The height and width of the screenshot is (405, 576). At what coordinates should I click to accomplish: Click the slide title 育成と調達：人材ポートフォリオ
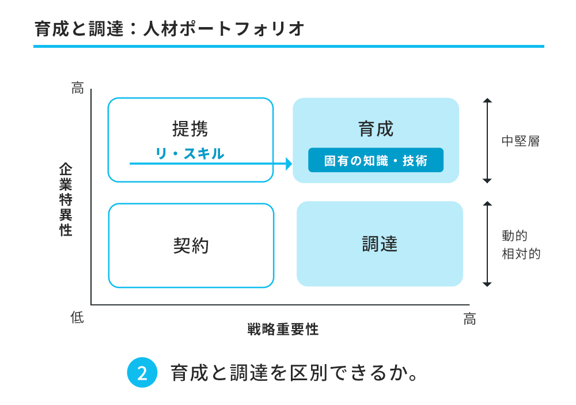point(169,29)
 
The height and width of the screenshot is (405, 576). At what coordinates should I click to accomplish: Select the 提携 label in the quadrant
point(190,128)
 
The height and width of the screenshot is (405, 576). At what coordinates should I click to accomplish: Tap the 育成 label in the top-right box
point(376,128)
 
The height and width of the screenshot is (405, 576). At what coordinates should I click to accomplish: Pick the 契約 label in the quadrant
point(191,246)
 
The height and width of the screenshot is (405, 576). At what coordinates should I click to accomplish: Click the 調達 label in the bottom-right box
point(380,244)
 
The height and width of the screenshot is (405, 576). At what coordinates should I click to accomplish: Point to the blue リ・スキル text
point(190,153)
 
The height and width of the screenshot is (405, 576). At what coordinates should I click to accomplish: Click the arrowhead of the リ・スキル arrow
point(289,164)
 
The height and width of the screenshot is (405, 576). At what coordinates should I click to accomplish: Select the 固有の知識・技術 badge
point(376,161)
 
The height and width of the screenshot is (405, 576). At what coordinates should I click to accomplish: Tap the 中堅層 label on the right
point(520,141)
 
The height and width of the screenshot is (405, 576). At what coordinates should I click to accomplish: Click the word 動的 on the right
point(514,236)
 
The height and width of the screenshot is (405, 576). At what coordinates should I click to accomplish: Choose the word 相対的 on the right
point(521,253)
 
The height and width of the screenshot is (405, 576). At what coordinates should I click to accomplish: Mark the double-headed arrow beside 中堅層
point(487,141)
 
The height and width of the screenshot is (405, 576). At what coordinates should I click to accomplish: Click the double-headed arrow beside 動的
point(487,244)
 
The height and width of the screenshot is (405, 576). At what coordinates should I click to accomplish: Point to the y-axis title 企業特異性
point(66,199)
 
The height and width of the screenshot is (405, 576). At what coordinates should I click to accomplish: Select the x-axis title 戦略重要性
point(283,330)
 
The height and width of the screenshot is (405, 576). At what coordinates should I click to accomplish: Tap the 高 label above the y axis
point(78,88)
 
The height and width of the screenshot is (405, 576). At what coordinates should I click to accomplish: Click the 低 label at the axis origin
point(78,317)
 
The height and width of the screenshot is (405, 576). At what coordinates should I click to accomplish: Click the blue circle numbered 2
point(142,373)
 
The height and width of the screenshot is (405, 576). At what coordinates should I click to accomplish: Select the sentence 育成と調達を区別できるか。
point(294,373)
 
